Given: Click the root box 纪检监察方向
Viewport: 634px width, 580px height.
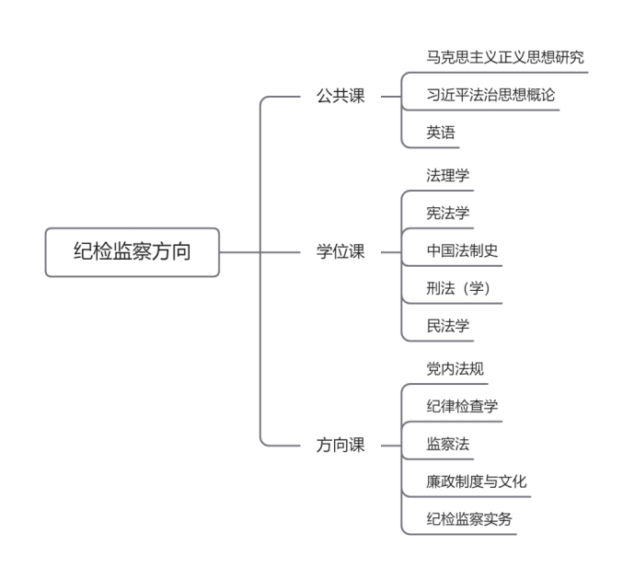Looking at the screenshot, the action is pyautogui.click(x=133, y=252).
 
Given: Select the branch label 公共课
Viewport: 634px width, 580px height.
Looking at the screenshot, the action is pyautogui.click(x=340, y=97).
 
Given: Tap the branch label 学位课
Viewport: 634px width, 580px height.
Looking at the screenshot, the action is pyautogui.click(x=340, y=251).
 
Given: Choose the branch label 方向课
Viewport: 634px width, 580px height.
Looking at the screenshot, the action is pyautogui.click(x=340, y=445).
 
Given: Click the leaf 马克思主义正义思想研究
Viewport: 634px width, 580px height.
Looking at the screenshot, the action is pyautogui.click(x=505, y=57).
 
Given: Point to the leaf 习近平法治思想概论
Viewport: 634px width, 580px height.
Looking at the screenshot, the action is pyautogui.click(x=490, y=95).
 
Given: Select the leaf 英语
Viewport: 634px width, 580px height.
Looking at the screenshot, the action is pyautogui.click(x=441, y=133).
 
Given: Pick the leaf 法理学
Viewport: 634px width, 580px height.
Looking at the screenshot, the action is pyautogui.click(x=447, y=175).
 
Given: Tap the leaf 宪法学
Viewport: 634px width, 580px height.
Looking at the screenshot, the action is pyautogui.click(x=447, y=213).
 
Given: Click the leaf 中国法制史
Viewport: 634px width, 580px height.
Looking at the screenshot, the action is pyautogui.click(x=462, y=250).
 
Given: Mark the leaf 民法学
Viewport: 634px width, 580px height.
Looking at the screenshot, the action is pyautogui.click(x=447, y=326).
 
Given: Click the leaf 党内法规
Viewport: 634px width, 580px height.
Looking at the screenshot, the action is pyautogui.click(x=455, y=368).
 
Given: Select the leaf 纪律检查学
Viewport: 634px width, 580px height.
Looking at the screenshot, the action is pyautogui.click(x=462, y=406).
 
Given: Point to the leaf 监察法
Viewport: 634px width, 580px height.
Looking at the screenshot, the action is pyautogui.click(x=447, y=444).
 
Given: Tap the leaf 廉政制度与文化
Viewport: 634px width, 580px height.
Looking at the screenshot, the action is pyautogui.click(x=477, y=481).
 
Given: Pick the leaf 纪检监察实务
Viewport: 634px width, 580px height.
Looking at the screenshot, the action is pyautogui.click(x=469, y=519).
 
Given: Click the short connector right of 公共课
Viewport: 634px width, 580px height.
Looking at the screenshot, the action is pyautogui.click(x=391, y=97).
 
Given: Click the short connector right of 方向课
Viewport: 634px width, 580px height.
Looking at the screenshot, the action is pyautogui.click(x=391, y=446).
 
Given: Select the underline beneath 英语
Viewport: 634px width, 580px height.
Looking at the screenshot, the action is pyautogui.click(x=431, y=147).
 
